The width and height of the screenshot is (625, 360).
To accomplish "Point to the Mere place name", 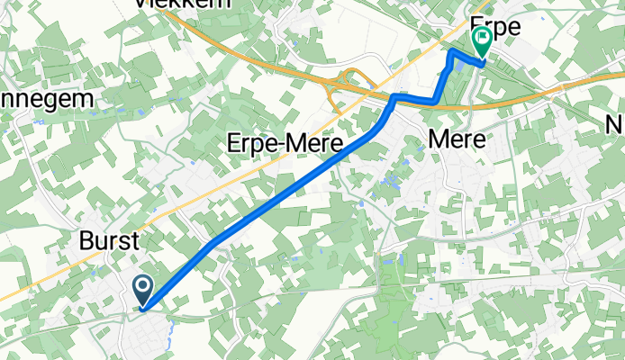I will point(458,140).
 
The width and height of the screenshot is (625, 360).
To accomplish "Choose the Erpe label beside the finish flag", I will point(496,28).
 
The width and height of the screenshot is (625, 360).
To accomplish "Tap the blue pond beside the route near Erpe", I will point(460,65).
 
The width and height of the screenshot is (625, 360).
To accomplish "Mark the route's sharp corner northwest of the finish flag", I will point(451,53).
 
